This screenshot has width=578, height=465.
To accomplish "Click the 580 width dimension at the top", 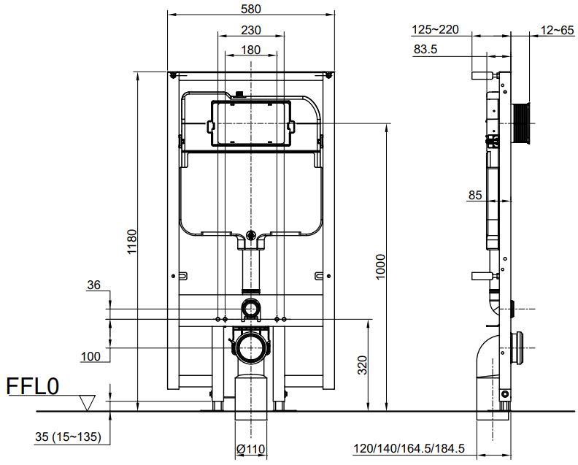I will point(252,8).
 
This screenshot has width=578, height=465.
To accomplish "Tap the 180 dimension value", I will point(251,50).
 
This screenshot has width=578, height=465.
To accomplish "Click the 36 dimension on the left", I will point(93,287).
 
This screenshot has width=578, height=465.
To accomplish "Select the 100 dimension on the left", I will point(91,356).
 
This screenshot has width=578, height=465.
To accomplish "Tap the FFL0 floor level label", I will point(33,386).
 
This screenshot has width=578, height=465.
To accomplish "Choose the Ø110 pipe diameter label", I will point(251,448).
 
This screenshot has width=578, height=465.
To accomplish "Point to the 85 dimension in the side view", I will point(475,195).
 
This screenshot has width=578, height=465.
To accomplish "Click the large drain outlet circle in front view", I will point(251,348).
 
